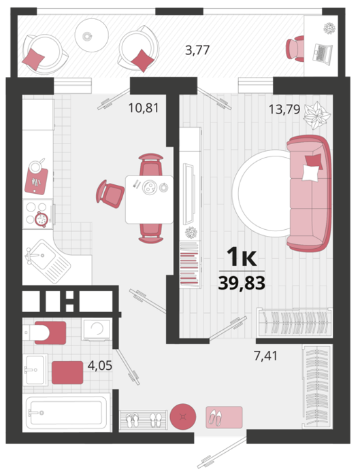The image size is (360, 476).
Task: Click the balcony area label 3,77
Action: point(197,50)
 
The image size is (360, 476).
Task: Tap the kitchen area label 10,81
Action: point(144,107)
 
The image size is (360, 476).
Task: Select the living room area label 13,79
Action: point(284,109)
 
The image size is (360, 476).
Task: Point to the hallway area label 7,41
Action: point(266,356)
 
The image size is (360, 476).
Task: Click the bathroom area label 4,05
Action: point(100,366)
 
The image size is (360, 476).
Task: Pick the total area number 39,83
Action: point(242,284)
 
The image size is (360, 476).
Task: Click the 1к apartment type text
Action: point(242,257)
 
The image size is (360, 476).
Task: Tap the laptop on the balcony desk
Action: point(322,54)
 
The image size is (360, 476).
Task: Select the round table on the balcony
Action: point(92,35)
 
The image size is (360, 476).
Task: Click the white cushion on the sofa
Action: point(310,173)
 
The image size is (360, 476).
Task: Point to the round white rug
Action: point(261,193)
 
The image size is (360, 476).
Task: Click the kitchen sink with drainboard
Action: point(48,261)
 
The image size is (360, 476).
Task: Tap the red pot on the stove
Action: point(41,218)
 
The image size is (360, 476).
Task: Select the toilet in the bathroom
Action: point(45,333)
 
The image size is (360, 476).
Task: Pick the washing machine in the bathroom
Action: point(97,330)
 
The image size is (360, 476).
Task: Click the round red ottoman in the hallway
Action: point(183,416)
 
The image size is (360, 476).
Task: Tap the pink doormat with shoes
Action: point(224,418)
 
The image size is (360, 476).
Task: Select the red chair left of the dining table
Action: point(110,194)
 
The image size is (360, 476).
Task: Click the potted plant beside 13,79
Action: point(317,116)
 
